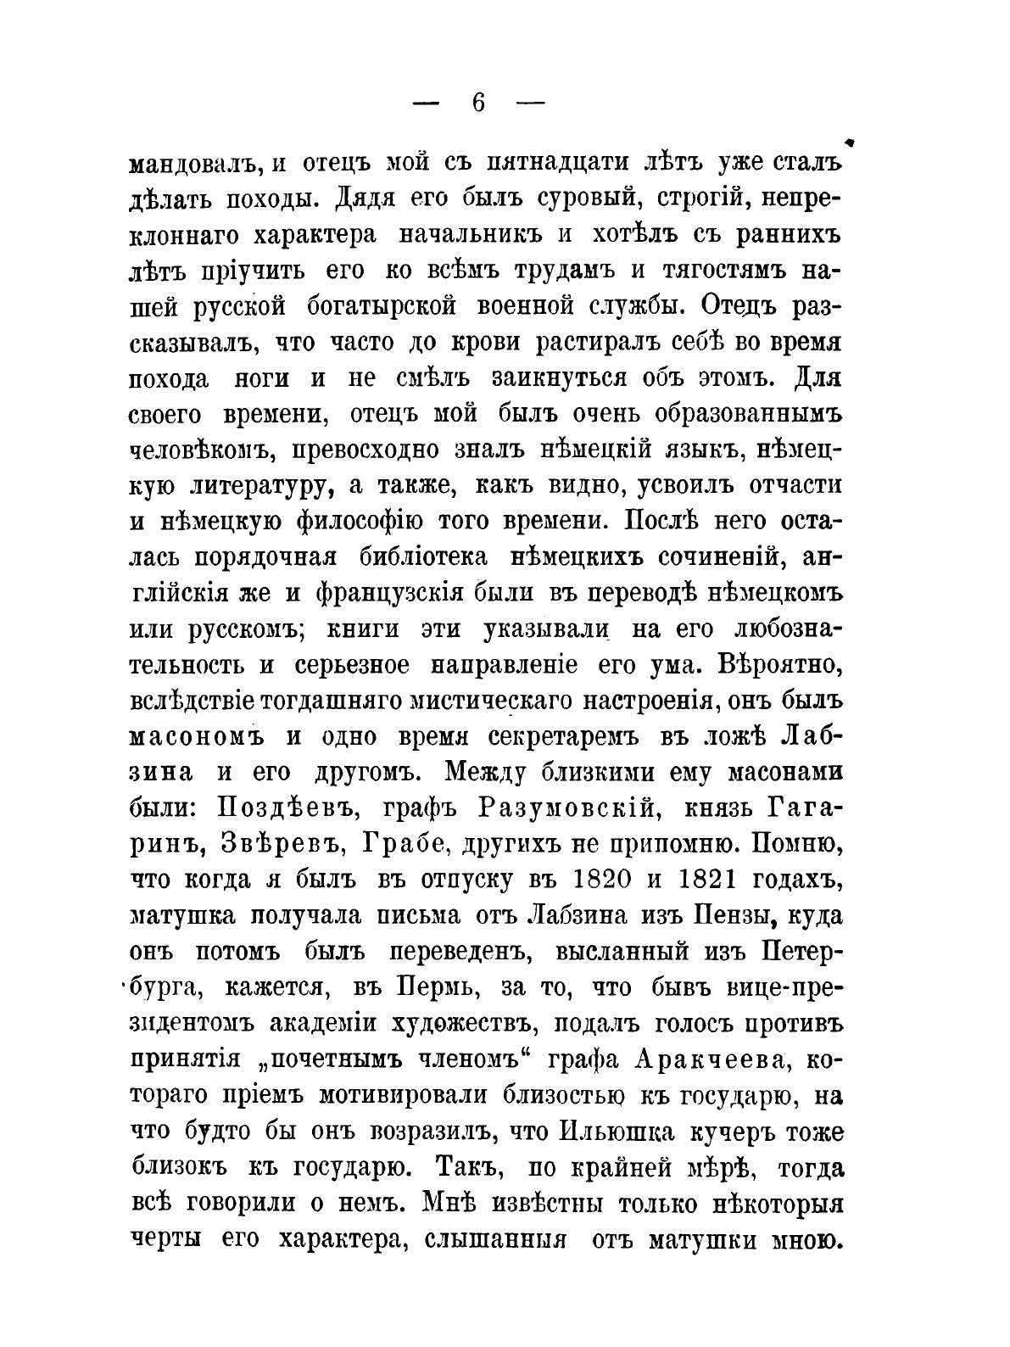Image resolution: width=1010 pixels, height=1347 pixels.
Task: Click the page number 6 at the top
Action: tap(478, 103)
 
